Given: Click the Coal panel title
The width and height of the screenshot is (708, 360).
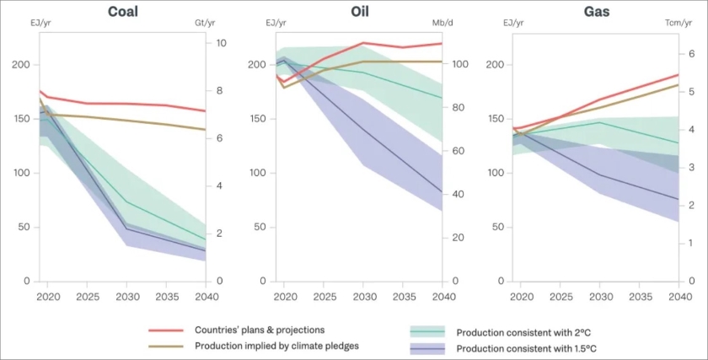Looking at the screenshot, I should point(123,12).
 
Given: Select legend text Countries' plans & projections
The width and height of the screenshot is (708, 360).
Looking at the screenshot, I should point(259,330).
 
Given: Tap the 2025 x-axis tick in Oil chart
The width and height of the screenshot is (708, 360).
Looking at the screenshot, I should point(324,298).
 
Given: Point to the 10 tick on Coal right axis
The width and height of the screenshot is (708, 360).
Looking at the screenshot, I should point(220,42).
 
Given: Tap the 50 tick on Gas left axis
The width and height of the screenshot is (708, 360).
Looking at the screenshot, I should point(497,227).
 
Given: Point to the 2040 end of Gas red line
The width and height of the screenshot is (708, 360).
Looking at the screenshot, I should point(678,75).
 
